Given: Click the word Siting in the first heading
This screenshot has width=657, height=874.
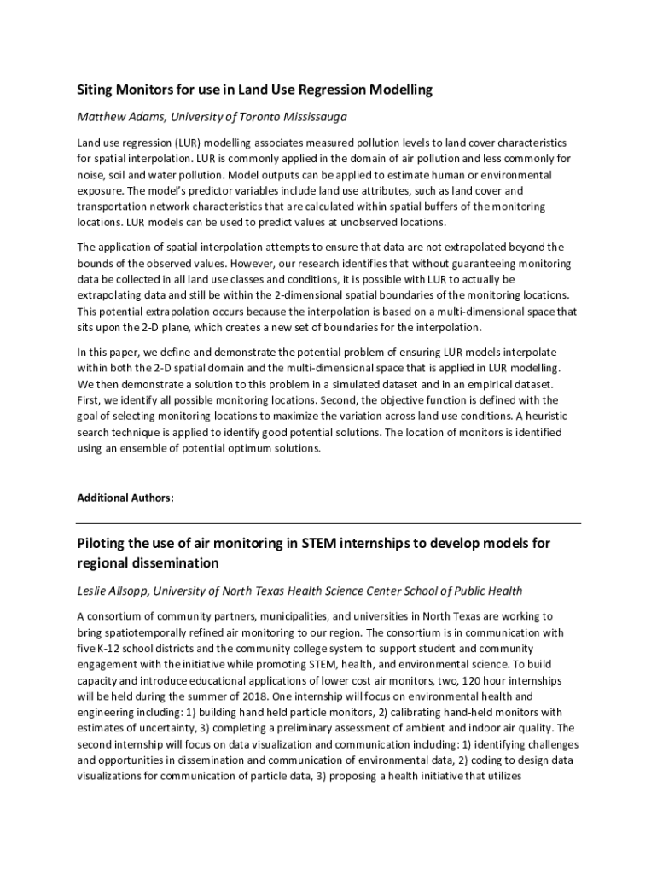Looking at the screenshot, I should click(96, 89).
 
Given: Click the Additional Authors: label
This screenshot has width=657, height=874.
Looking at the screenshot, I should click(125, 498).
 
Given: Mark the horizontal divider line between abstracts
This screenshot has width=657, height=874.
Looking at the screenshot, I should click(328, 522).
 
